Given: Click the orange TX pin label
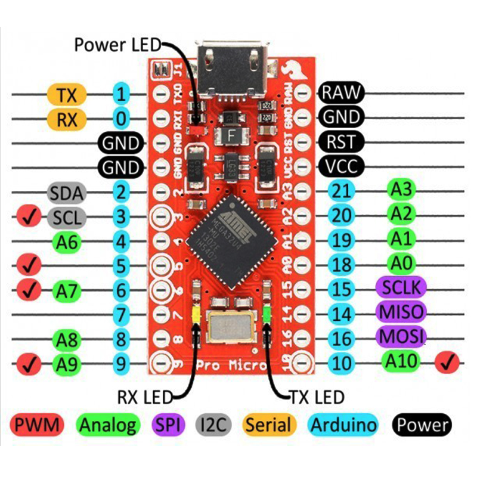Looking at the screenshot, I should [x=67, y=94].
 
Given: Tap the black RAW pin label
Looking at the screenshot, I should [x=341, y=92].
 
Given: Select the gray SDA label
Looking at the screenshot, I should [x=67, y=193].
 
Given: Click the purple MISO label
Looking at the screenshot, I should [x=401, y=311].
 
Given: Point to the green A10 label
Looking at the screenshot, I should [x=402, y=360].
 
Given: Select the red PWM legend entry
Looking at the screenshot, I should [x=36, y=425].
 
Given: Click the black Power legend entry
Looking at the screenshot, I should [x=422, y=425].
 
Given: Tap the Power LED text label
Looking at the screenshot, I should [x=117, y=45].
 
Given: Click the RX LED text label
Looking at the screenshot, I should [x=144, y=395].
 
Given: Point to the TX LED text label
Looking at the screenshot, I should [x=317, y=395].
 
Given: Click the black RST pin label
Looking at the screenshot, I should [x=341, y=141].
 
